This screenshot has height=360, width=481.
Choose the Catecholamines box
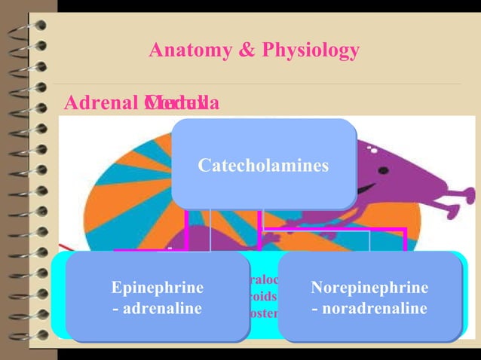pos(263,164)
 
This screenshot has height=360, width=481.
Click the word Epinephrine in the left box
pos(157,288)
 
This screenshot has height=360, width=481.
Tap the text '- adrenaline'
pos(157,308)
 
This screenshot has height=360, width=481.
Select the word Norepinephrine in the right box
pos(369,288)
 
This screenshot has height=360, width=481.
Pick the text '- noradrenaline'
pos(369,308)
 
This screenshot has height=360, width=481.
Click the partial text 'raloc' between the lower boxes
pos(263,280)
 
